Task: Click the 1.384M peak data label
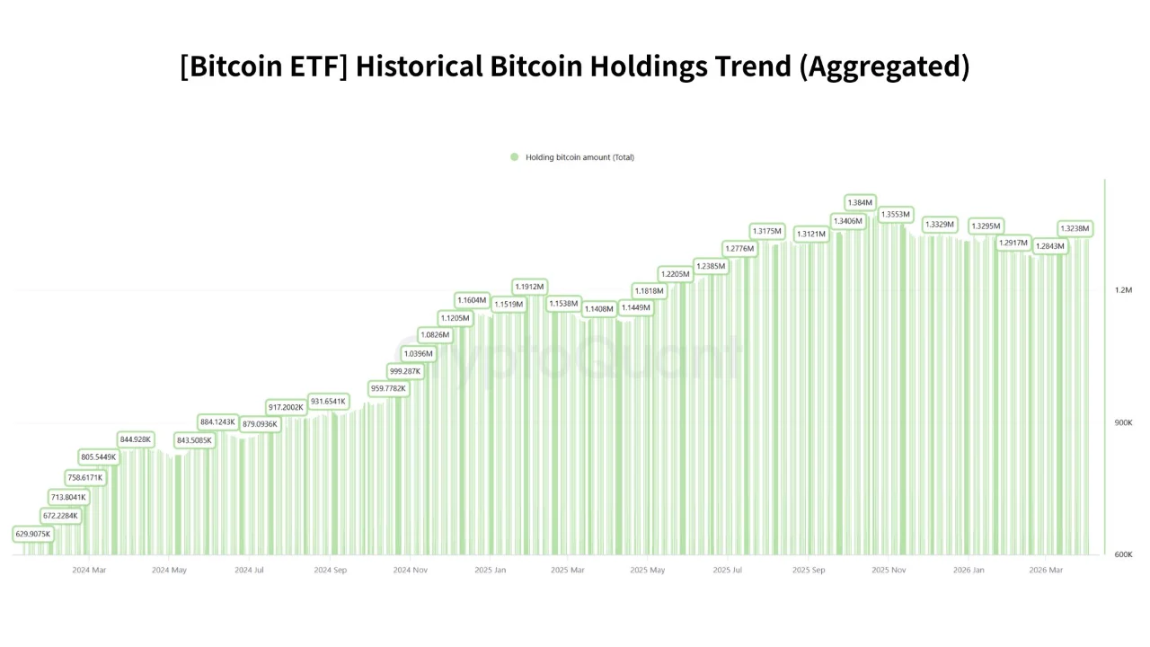click(860, 203)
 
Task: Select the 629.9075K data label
click(33, 534)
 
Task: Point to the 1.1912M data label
click(529, 287)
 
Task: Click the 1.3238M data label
click(1074, 228)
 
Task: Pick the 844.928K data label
click(136, 439)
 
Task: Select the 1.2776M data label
click(739, 248)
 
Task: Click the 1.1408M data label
click(599, 309)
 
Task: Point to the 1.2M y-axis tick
click(1123, 290)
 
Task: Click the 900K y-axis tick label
click(1123, 422)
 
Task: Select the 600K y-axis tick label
click(1123, 554)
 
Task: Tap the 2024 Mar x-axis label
click(89, 570)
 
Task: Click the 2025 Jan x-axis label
click(490, 570)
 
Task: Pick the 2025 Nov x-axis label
click(888, 570)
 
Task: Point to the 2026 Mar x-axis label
click(1046, 570)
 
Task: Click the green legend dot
click(515, 157)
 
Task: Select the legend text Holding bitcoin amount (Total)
click(579, 157)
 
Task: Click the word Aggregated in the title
click(884, 66)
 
